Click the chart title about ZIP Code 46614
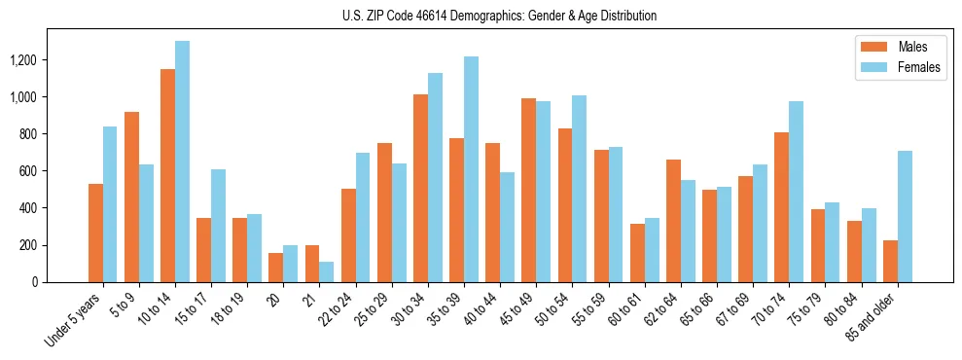[499, 16]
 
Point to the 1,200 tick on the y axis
[22, 60]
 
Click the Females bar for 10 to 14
[182, 162]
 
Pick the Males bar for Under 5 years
[95, 233]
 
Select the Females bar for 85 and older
[905, 216]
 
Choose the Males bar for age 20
[276, 268]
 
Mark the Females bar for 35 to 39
[471, 169]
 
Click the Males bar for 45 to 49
[528, 190]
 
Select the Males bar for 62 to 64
[673, 221]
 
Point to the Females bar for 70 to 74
[797, 192]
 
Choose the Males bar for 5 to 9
[131, 197]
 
